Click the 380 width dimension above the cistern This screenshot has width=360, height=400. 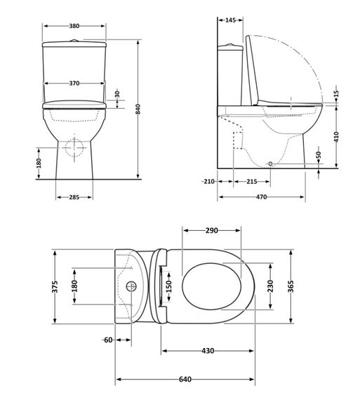point(74,26)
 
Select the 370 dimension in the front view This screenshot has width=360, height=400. point(74,84)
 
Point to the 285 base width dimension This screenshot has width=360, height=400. point(74,197)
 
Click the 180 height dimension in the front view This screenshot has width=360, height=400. point(40,163)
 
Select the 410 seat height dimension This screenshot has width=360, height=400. point(336,136)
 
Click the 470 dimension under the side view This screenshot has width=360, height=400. point(261,197)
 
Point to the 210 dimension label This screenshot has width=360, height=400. point(208,182)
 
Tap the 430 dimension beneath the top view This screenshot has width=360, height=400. point(208,350)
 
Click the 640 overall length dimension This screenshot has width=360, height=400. point(185,380)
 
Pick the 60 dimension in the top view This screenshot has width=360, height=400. point(107,340)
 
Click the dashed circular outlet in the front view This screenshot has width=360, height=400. point(74,147)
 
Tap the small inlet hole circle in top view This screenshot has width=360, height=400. point(131,287)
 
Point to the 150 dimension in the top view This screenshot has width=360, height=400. point(168,287)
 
